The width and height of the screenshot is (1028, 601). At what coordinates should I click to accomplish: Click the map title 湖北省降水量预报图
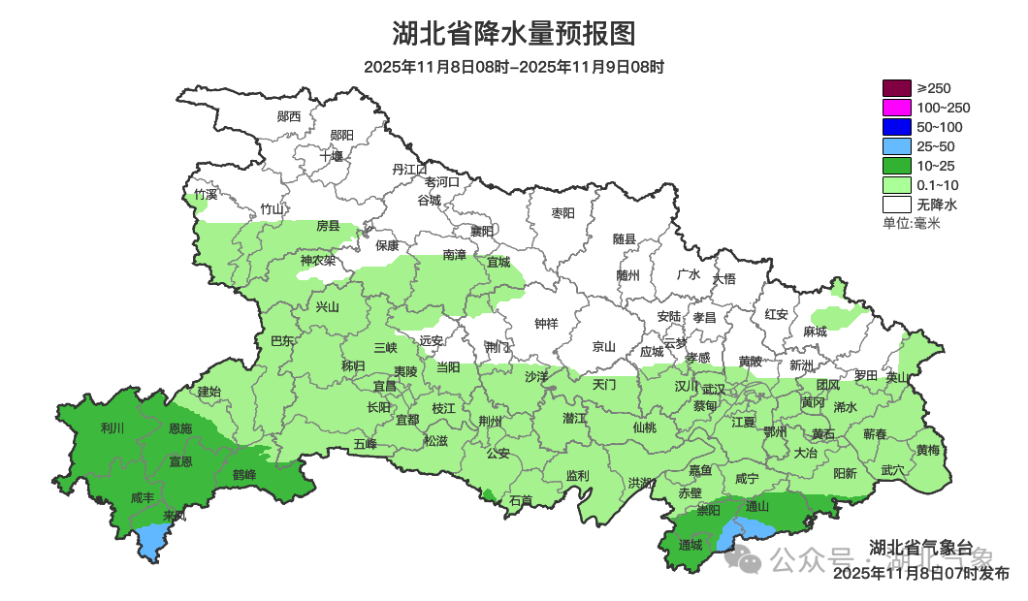[513, 34]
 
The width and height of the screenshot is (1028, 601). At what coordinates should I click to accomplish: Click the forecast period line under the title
[513, 68]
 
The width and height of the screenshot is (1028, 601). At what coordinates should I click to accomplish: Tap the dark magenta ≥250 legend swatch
[896, 88]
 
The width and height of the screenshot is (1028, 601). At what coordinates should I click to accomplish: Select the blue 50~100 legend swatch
[896, 127]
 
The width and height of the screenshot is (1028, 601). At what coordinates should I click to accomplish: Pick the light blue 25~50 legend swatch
[896, 146]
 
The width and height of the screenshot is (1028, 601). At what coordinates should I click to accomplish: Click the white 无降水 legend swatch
[896, 205]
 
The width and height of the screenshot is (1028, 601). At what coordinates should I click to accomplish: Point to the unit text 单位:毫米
[911, 224]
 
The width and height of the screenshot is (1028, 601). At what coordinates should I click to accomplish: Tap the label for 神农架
[317, 260]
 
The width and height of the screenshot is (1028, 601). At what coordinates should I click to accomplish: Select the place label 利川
[112, 427]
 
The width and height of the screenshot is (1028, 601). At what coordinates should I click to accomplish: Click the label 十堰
[333, 156]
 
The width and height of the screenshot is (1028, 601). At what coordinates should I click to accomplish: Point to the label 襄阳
[482, 231]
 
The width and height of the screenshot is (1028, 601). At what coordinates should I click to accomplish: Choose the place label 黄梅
[927, 451]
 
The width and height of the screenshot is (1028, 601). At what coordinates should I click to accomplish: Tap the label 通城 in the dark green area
[691, 546]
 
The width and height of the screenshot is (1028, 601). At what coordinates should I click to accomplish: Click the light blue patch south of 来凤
[150, 541]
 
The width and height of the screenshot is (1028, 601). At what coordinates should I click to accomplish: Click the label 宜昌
[385, 386]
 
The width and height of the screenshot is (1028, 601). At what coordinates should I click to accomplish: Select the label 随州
[628, 275]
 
